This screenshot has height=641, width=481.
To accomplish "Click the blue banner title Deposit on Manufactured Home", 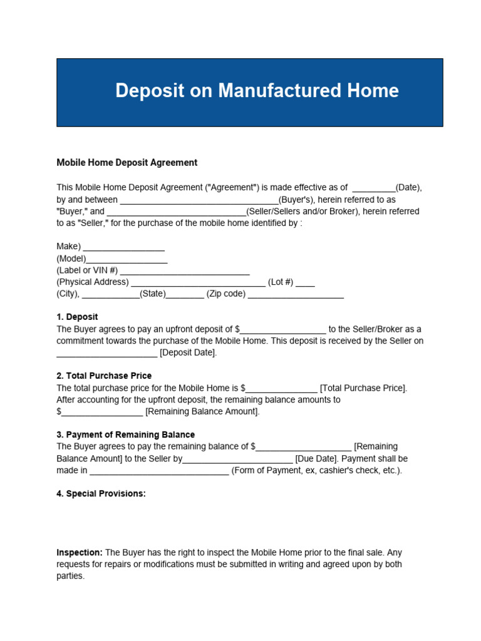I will (257, 91).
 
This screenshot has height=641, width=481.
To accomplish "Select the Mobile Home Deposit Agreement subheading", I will (127, 163).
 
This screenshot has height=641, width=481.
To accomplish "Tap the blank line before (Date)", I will (374, 189).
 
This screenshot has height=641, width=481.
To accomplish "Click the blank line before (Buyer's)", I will (199, 201).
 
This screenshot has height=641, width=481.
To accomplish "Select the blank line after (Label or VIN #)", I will (185, 272).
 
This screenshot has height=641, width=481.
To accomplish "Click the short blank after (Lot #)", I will (305, 284).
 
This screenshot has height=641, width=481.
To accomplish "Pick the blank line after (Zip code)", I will (296, 296).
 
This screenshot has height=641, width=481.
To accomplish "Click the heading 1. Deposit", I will (77, 317).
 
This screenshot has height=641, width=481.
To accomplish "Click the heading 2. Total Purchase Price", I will (104, 376).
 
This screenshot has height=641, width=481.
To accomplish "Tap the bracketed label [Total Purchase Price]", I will (363, 388).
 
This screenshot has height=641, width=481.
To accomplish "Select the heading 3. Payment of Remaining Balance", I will (125, 434).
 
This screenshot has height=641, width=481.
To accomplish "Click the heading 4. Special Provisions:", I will (101, 493).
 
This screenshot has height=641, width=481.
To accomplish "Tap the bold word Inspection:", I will (80, 553).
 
